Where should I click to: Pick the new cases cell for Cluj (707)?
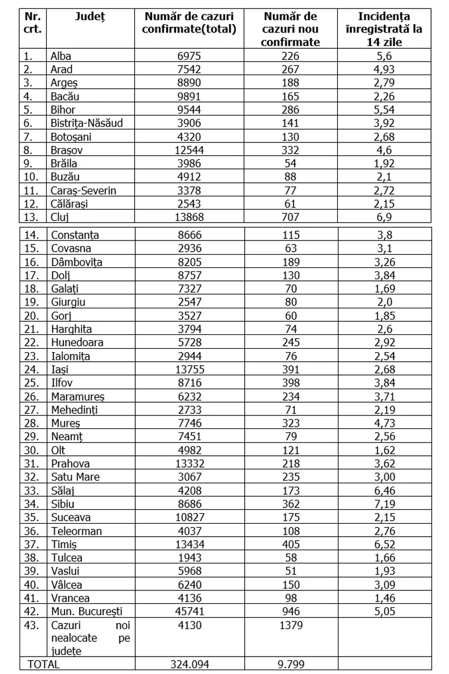click(291, 217)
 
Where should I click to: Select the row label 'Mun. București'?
click(86, 612)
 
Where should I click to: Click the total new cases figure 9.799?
click(291, 664)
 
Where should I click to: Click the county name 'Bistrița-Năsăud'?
click(86, 123)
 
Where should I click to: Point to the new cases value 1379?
click(291, 625)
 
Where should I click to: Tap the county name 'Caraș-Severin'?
click(83, 190)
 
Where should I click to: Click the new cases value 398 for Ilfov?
click(291, 383)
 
